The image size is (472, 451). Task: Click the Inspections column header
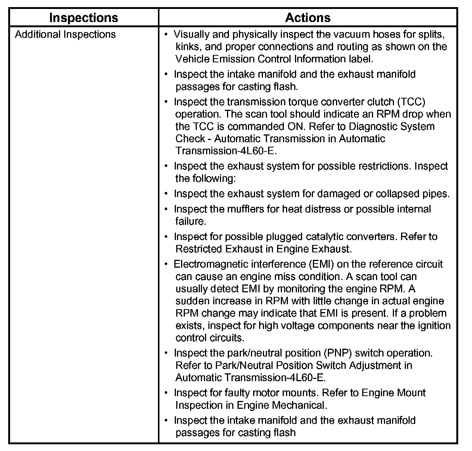pyautogui.click(x=84, y=18)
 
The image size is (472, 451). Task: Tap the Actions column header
pyautogui.click(x=308, y=18)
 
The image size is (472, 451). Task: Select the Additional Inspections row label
pyautogui.click(x=65, y=34)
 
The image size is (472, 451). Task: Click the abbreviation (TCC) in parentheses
pyautogui.click(x=411, y=102)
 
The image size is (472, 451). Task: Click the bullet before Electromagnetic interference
pyautogui.click(x=167, y=264)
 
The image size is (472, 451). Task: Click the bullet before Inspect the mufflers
pyautogui.click(x=167, y=209)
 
